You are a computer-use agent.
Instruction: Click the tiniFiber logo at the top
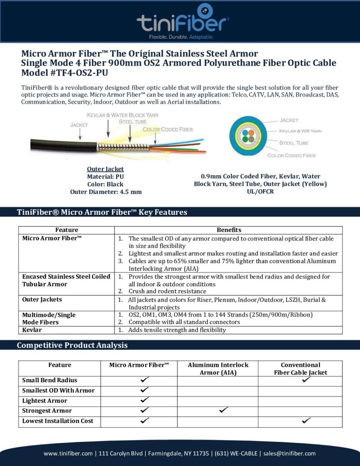[x=183, y=20]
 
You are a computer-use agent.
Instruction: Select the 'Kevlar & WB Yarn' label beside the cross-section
[x=300, y=131]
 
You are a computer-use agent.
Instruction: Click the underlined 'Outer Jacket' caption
[x=106, y=169]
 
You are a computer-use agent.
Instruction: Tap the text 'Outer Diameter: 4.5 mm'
[x=106, y=192]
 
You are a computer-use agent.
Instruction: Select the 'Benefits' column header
[x=229, y=230]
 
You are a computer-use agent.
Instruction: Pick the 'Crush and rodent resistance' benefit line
[x=167, y=291]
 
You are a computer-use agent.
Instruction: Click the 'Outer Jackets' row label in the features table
[x=42, y=299]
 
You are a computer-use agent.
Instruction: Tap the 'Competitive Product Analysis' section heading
[x=72, y=345]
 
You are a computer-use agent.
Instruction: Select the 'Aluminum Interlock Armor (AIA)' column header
[x=218, y=369]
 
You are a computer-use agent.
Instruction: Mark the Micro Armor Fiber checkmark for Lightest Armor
[x=145, y=400]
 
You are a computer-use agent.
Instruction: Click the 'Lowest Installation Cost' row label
[x=58, y=421]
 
